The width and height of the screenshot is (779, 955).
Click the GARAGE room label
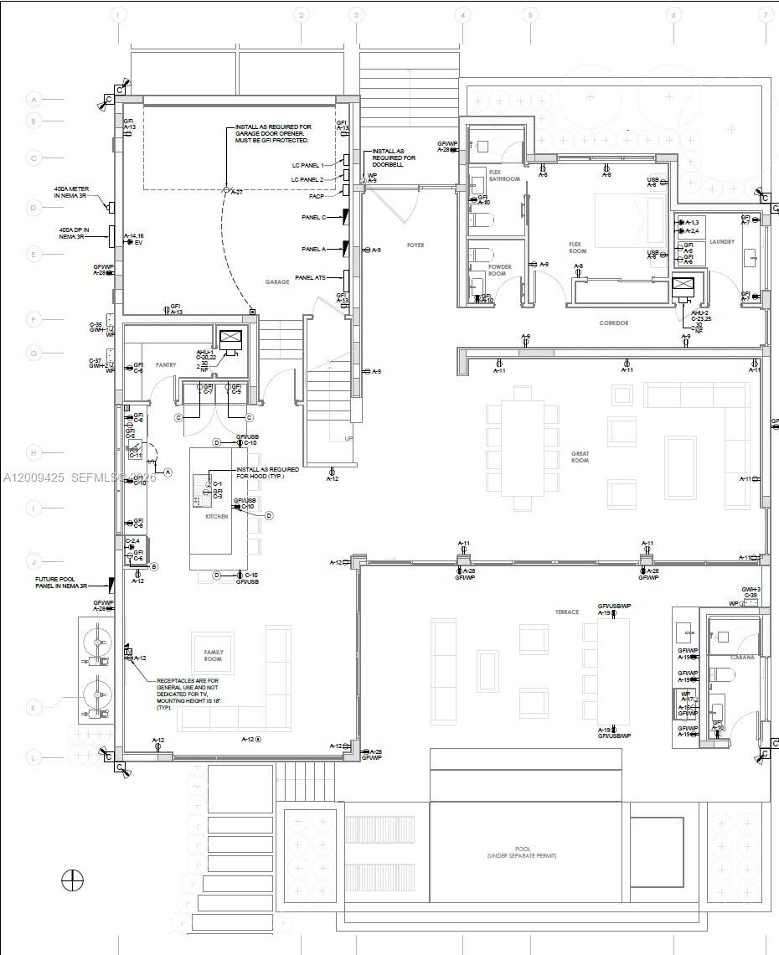click(277, 282)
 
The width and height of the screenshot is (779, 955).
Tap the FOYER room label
click(415, 245)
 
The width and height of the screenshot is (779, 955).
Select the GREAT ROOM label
click(580, 457)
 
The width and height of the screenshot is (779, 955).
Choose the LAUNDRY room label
click(721, 242)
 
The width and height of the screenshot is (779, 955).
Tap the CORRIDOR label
click(613, 323)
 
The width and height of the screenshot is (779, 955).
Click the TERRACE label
click(566, 612)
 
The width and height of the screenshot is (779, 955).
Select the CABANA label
click(742, 658)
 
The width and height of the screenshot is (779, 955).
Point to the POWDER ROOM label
click(498, 271)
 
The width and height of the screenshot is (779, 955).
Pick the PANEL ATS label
click(310, 278)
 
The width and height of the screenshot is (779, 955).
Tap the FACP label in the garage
click(317, 196)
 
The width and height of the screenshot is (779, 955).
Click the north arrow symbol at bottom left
click(73, 880)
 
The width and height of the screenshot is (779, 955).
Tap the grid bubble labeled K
click(34, 708)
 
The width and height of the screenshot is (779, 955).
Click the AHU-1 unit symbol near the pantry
click(230, 339)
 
